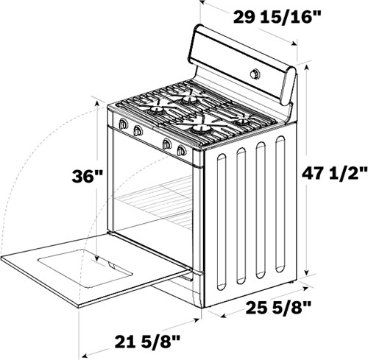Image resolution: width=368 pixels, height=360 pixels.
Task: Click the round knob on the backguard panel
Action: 255,74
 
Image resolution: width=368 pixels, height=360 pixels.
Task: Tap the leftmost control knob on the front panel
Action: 122,124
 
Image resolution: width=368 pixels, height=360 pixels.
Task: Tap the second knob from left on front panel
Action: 137,130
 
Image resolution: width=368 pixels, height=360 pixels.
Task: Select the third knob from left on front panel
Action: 167,144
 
